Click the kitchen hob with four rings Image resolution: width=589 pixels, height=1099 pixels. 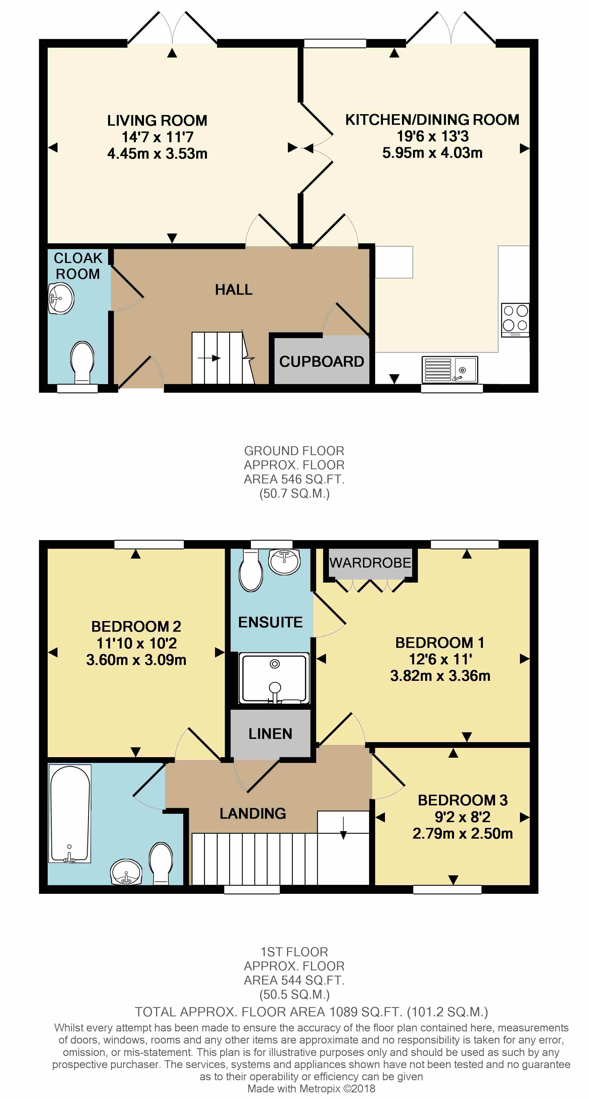(x=515, y=320)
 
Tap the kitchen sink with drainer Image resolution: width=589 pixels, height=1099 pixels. (x=450, y=369)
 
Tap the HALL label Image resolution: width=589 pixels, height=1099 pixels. (x=234, y=290)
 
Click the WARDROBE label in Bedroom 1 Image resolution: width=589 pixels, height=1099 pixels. (x=370, y=563)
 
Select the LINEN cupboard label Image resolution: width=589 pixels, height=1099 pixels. (x=270, y=734)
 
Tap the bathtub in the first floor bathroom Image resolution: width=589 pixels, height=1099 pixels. (x=70, y=813)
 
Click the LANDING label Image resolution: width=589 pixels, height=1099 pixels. (x=253, y=813)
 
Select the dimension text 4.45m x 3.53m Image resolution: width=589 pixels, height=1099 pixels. (x=157, y=153)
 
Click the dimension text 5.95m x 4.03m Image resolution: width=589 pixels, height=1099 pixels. (x=432, y=153)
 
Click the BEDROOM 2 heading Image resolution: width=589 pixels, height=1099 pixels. (x=136, y=626)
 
